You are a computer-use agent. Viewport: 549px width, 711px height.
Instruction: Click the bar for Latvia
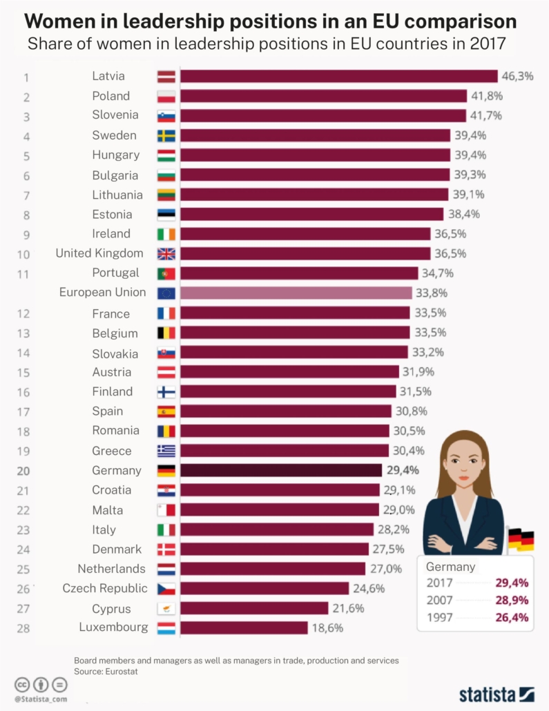(x=338, y=76)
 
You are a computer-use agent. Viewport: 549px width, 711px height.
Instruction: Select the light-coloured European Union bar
(x=296, y=293)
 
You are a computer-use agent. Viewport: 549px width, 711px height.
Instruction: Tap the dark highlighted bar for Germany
(x=281, y=470)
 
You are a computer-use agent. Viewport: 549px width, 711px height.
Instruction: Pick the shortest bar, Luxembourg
(x=244, y=627)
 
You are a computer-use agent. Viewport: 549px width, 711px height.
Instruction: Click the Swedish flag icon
(x=166, y=135)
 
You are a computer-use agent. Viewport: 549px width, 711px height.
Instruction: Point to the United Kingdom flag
(x=166, y=253)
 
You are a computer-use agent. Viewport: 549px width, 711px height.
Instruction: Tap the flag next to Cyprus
(x=166, y=608)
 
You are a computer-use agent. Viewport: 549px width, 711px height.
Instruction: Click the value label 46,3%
(x=517, y=76)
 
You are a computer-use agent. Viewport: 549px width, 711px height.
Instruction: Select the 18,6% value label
(x=326, y=628)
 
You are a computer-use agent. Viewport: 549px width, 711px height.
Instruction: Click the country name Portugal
(x=115, y=273)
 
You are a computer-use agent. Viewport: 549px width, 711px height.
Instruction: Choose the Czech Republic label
(x=105, y=588)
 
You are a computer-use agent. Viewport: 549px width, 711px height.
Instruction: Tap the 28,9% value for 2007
(x=512, y=600)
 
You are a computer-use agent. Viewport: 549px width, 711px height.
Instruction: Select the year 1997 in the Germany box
(x=440, y=617)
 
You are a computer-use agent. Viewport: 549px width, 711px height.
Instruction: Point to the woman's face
(x=462, y=459)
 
